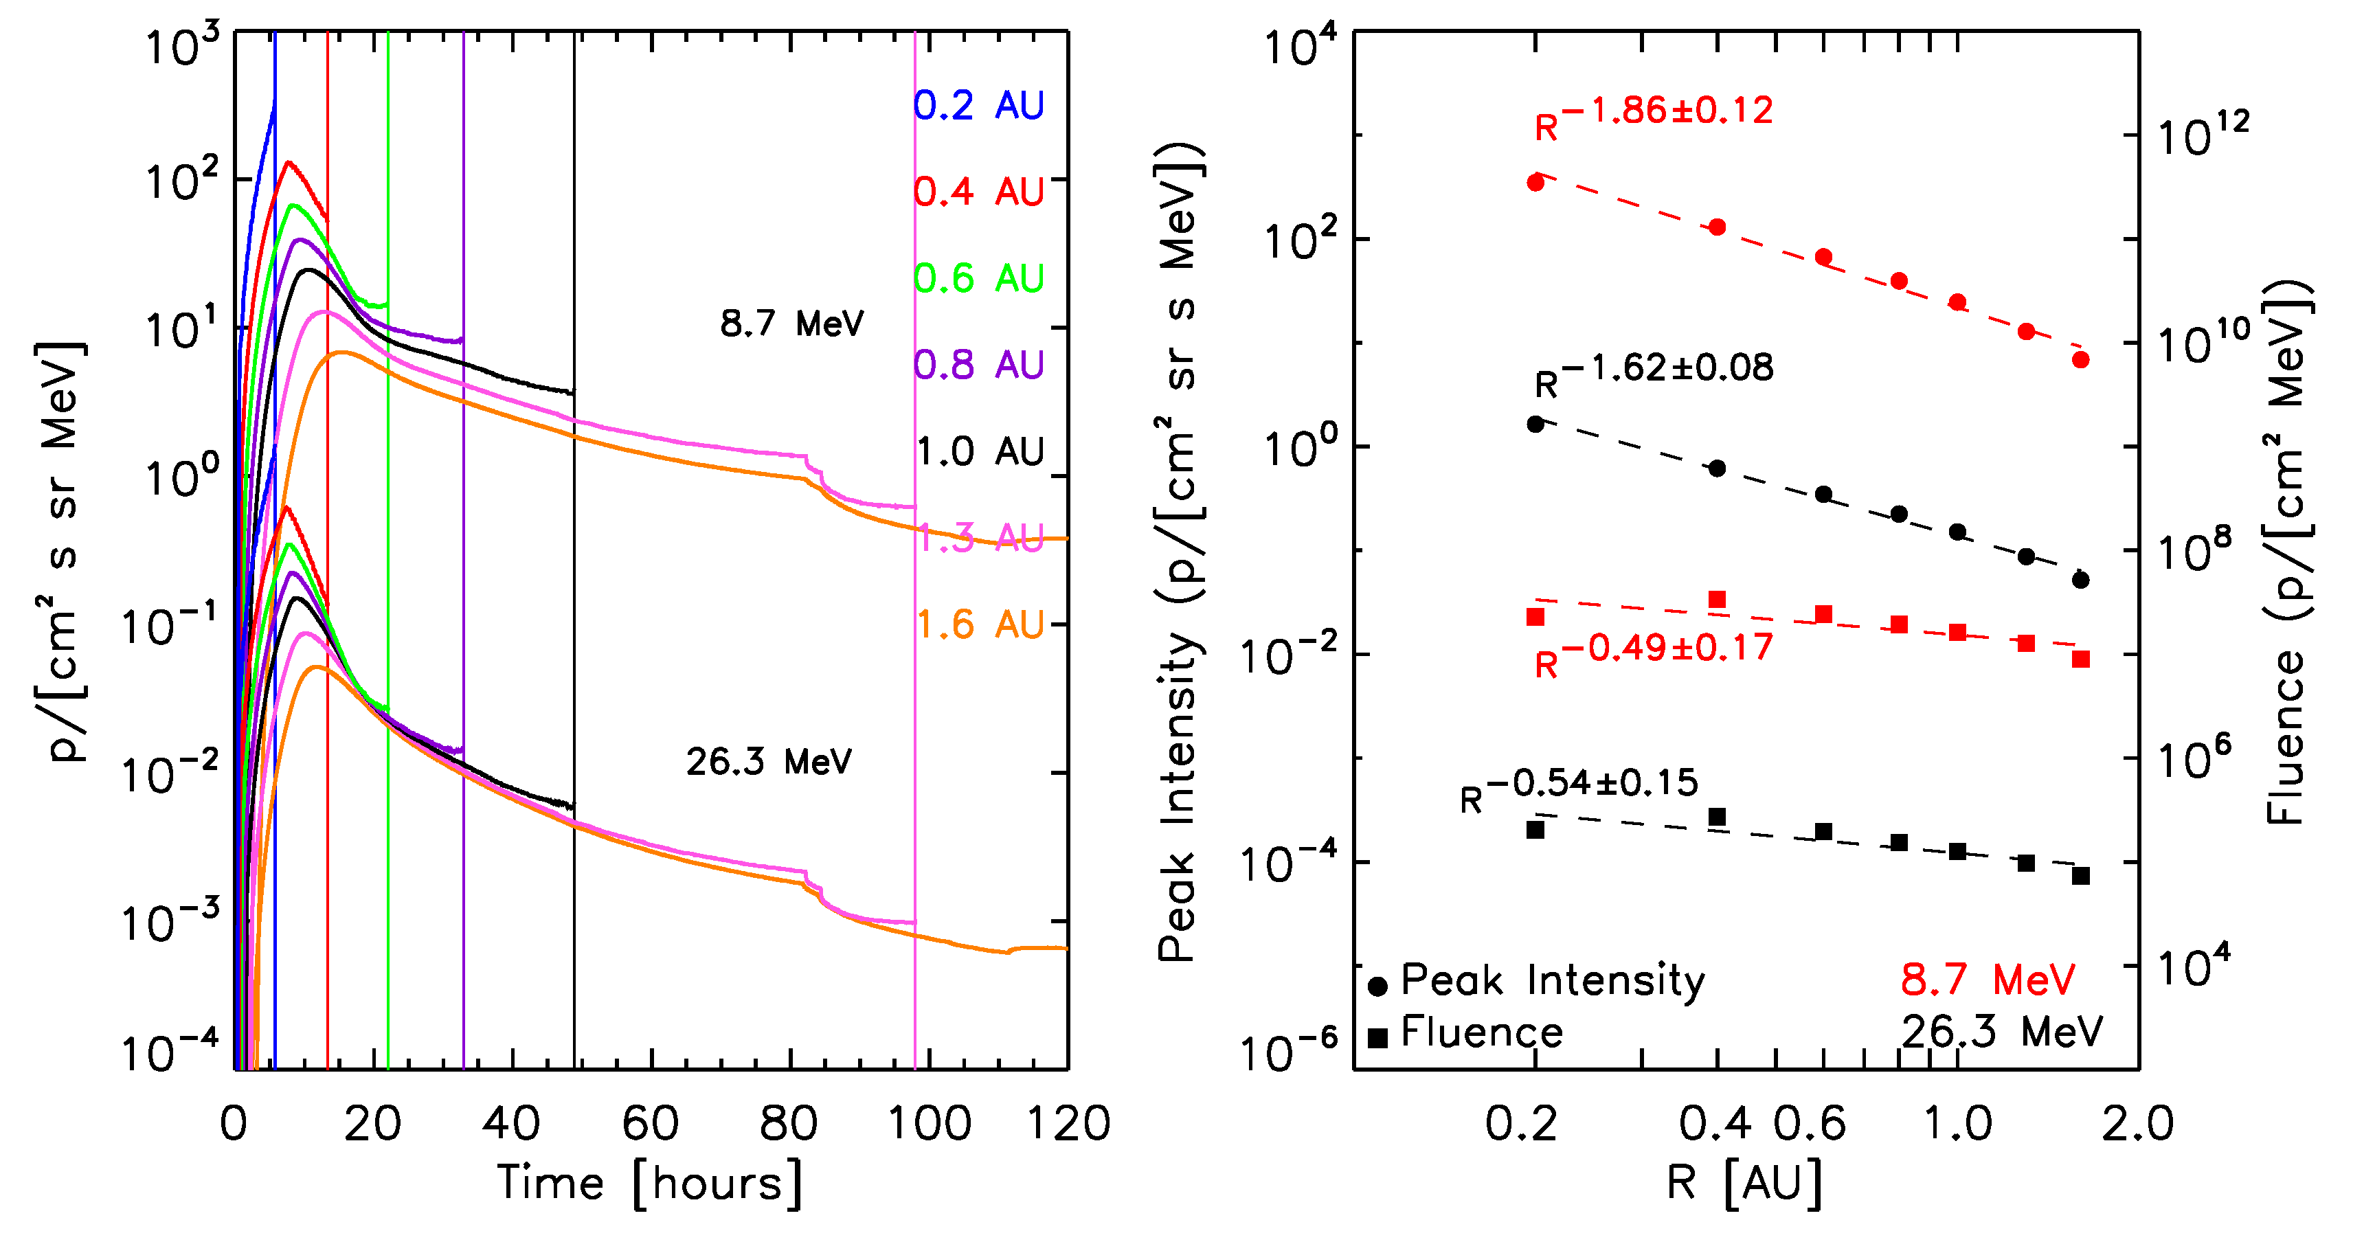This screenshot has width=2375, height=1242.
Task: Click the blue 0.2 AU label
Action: [978, 105]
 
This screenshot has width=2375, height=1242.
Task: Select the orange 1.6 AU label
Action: [978, 624]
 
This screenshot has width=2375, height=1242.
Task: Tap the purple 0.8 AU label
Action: [978, 365]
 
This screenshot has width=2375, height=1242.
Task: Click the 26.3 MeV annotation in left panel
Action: [769, 762]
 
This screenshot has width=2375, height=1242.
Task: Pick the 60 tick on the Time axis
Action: [650, 1124]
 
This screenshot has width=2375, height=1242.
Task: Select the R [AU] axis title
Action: [1744, 1183]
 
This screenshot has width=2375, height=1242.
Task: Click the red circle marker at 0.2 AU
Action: [1535, 183]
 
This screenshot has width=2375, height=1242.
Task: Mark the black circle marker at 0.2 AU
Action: [1535, 424]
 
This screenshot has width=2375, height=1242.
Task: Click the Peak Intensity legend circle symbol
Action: [1378, 986]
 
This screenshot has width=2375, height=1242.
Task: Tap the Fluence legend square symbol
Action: [1378, 1038]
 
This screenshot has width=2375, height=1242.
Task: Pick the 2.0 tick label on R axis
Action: [2137, 1124]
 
